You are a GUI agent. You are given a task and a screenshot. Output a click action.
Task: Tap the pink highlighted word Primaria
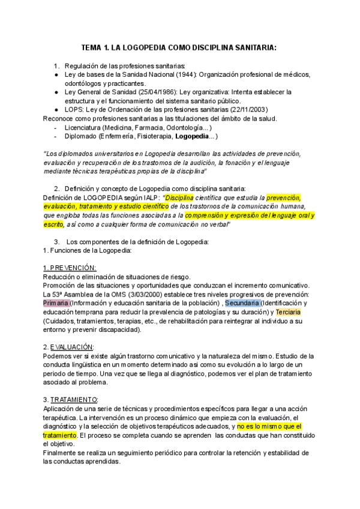tap(56, 303)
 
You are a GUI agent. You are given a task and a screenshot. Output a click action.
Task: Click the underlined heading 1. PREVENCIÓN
tap(70, 268)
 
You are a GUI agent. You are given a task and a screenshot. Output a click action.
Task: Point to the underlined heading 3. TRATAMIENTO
tap(71, 400)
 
